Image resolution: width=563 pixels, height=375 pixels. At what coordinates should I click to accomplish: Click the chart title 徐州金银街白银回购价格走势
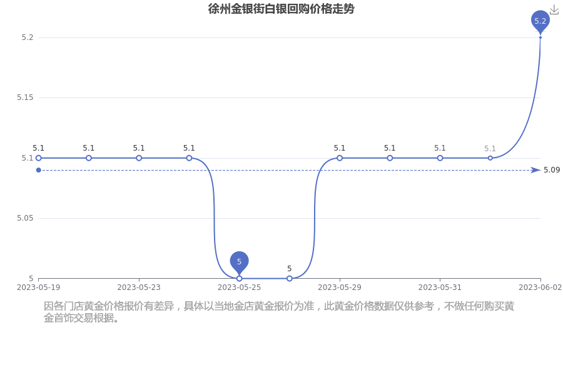click(x=281, y=9)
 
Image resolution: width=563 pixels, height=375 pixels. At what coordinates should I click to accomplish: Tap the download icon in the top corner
click(x=554, y=11)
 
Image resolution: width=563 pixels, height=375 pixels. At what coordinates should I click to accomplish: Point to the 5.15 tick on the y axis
click(x=25, y=97)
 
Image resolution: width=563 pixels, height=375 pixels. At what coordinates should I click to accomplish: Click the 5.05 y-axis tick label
click(x=25, y=218)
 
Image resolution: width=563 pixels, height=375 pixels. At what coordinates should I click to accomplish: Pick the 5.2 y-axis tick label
click(x=28, y=37)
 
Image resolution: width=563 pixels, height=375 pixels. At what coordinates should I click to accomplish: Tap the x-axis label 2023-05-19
click(x=38, y=287)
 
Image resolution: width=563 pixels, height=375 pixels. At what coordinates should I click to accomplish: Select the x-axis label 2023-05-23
click(x=139, y=287)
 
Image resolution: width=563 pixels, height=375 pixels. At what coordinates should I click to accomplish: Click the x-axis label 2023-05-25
click(x=239, y=287)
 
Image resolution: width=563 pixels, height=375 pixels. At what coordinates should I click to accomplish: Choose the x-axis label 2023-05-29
click(x=340, y=287)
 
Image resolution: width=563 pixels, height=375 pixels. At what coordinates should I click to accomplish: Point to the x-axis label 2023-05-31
click(x=440, y=287)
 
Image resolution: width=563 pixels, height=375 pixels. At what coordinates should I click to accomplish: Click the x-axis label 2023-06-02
click(x=540, y=287)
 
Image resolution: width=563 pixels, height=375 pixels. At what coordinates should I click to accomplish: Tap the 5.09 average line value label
click(x=552, y=170)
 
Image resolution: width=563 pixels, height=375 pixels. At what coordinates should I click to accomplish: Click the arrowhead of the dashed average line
click(x=536, y=170)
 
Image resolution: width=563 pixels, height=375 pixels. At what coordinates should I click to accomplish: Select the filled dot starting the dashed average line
click(x=38, y=170)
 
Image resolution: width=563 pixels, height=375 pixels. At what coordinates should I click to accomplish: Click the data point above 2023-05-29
click(x=340, y=158)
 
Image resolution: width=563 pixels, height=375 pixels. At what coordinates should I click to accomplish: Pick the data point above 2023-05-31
click(x=440, y=158)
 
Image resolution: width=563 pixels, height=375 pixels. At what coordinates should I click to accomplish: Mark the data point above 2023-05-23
click(x=139, y=158)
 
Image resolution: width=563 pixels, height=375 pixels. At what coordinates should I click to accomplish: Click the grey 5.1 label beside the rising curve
click(x=490, y=149)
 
